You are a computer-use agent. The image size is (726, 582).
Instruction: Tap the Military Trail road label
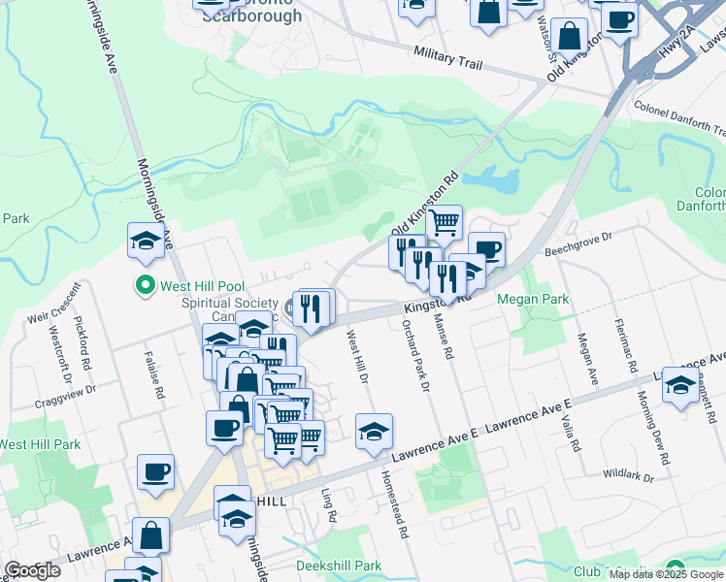click(x=447, y=58)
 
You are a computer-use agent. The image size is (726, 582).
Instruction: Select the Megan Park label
click(x=533, y=299)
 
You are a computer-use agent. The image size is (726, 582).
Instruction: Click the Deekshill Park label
click(x=339, y=566)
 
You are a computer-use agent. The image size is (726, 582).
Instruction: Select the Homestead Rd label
click(x=397, y=504)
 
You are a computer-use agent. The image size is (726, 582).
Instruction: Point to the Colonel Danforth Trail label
click(x=678, y=114)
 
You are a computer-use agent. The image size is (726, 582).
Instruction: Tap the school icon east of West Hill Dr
click(x=374, y=432)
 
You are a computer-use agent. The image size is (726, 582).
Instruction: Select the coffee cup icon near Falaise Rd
click(x=155, y=472)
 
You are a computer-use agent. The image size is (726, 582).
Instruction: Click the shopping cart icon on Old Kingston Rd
click(x=444, y=222)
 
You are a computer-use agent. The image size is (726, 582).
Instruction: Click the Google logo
click(x=33, y=570)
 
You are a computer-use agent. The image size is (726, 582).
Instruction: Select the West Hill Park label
click(x=41, y=444)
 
